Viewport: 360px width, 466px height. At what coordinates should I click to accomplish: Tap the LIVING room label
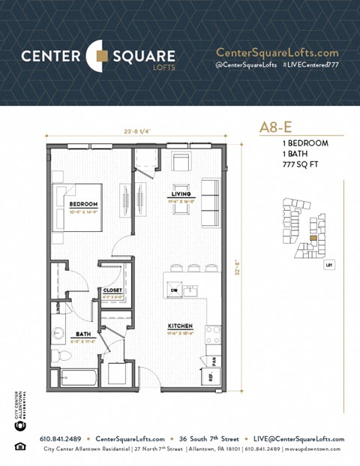click(180, 194)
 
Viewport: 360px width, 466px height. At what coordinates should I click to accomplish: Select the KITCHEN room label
click(180, 326)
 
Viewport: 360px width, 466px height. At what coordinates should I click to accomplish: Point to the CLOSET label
click(112, 290)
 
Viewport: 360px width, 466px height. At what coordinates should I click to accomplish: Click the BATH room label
click(82, 335)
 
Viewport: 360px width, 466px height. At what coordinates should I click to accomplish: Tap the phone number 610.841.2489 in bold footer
click(62, 439)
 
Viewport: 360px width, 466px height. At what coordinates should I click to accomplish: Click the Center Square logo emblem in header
click(98, 56)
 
